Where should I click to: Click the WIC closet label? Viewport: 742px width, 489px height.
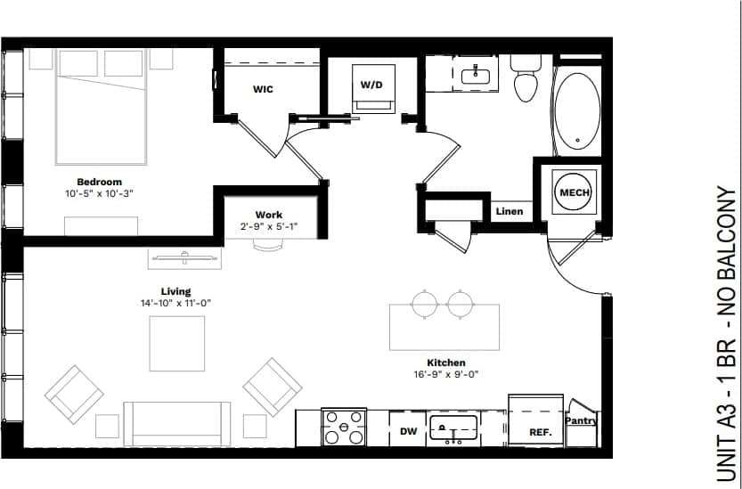[x=263, y=90]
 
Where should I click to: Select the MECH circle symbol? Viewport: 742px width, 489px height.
[x=573, y=192]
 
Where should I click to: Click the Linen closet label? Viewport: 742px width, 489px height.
[x=510, y=212]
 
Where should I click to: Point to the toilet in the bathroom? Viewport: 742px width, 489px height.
[x=526, y=78]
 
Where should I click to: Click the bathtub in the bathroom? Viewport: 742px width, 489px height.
[x=578, y=111]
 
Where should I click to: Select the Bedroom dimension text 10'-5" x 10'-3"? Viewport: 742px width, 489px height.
[x=99, y=193]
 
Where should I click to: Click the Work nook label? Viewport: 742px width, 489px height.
[x=269, y=215]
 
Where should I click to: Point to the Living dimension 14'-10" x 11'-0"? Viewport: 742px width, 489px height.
[x=175, y=303]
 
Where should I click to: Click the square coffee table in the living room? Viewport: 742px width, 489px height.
[x=176, y=344]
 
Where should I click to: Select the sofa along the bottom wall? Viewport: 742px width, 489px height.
[x=176, y=422]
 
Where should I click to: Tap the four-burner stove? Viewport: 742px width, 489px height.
[x=343, y=428]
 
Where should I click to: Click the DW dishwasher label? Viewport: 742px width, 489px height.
[x=408, y=432]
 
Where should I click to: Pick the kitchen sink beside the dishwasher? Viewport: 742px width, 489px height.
[x=453, y=428]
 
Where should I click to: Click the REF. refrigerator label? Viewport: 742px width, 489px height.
[x=540, y=433]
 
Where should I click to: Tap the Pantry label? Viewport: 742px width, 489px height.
[x=581, y=420]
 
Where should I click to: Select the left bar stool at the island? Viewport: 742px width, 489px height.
[x=425, y=305]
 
